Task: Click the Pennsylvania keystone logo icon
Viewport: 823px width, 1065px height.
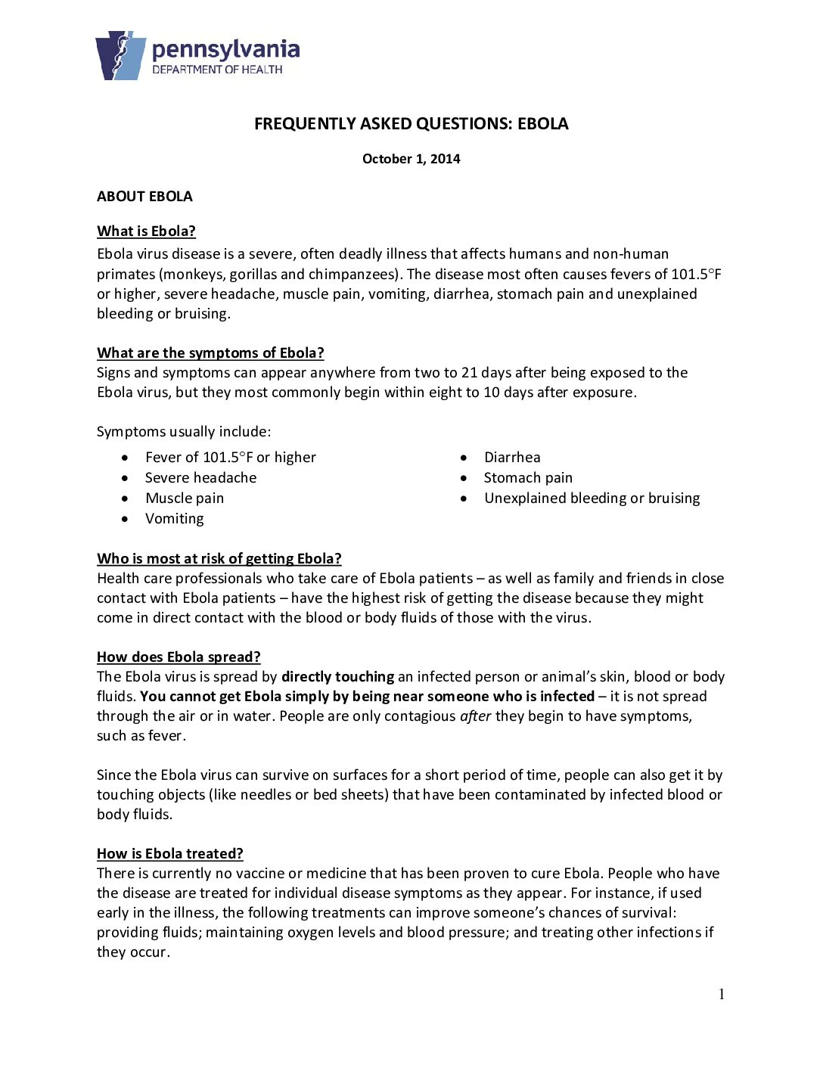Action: click(120, 55)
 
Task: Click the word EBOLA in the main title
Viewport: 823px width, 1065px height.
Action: click(542, 124)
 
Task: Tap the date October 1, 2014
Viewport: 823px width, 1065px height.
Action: click(411, 159)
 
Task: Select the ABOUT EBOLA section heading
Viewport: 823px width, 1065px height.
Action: click(144, 197)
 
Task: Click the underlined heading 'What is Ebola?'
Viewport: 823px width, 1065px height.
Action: click(146, 231)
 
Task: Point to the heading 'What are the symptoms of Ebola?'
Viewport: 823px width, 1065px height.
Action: click(210, 353)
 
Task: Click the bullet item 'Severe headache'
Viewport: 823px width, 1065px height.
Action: click(200, 478)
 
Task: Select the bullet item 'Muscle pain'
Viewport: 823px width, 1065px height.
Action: click(185, 498)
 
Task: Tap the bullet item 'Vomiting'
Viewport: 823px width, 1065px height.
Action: click(175, 519)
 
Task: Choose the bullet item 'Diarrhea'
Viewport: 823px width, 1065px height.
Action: click(512, 458)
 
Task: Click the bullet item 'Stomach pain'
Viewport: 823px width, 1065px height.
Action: click(528, 478)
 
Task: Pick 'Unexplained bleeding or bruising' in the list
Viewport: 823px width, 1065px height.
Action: click(592, 498)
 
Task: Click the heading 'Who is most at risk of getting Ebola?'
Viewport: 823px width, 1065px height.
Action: click(219, 559)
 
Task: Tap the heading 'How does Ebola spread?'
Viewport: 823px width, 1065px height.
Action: click(179, 657)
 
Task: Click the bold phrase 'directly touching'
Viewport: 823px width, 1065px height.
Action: click(337, 677)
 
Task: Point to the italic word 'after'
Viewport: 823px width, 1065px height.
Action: click(475, 716)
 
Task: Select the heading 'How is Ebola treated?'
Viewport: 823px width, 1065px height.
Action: click(169, 854)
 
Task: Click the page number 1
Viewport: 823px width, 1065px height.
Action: click(722, 995)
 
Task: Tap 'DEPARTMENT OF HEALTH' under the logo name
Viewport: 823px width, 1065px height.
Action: click(217, 70)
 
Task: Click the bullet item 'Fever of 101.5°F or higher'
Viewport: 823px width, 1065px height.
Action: click(230, 458)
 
